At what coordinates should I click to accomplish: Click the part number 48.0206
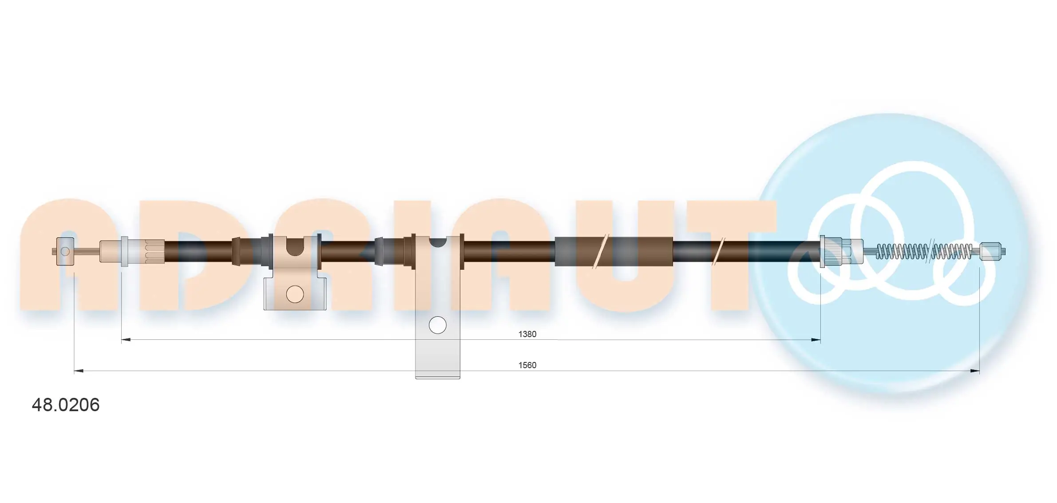66,405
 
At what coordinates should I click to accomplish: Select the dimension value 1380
527,334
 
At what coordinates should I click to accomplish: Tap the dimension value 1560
527,365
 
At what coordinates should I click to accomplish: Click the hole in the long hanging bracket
437,325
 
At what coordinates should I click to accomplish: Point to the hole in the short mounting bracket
295,294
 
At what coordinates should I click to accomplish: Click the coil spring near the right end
923,251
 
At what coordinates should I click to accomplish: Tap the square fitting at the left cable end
65,251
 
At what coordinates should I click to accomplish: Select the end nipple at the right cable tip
991,251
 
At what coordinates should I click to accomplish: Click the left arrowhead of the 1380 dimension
126,340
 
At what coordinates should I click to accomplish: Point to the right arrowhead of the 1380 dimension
816,340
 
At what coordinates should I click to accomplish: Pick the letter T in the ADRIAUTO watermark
728,257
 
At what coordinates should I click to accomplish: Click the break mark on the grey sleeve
600,251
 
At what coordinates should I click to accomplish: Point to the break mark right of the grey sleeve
718,251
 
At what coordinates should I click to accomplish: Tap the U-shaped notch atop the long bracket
437,242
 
